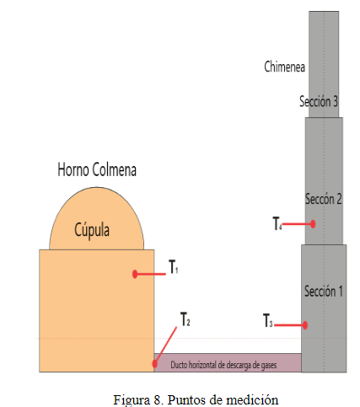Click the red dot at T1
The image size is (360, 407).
tap(135, 274)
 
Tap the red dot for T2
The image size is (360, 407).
tap(154, 364)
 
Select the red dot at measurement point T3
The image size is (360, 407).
tap(305, 325)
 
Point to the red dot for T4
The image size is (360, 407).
tap(313, 224)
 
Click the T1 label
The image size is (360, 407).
tap(173, 266)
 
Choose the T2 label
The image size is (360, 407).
tap(185, 319)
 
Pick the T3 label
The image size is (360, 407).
tap(267, 320)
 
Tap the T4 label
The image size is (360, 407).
tap(277, 223)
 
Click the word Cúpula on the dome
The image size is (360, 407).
tap(92, 230)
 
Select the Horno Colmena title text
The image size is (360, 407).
tap(97, 169)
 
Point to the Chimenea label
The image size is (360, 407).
tap(284, 67)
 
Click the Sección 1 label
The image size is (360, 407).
tap(324, 291)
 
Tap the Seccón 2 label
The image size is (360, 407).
tap(324, 199)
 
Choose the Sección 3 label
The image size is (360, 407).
tap(319, 101)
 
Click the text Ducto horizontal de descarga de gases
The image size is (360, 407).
tap(223, 365)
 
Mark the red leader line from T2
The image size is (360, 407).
tap(166, 345)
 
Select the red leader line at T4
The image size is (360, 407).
tap(297, 224)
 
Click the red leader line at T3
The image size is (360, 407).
tap(289, 325)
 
